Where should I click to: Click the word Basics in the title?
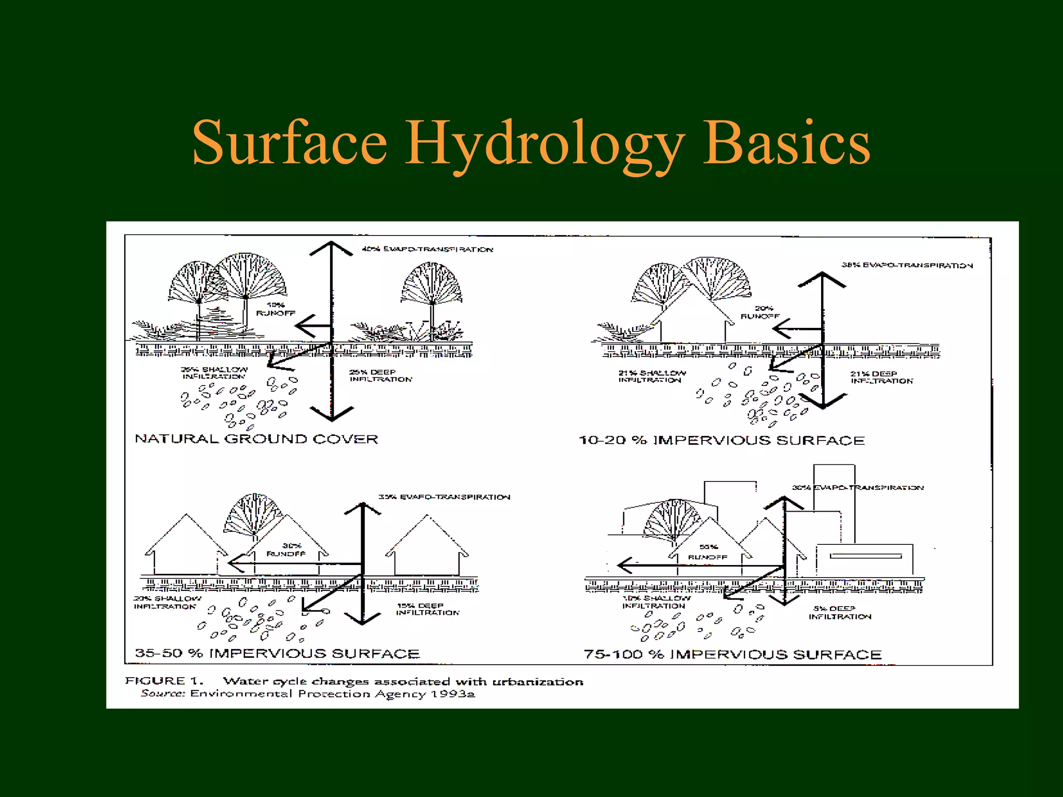[786, 143]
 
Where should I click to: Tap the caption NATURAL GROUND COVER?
[256, 439]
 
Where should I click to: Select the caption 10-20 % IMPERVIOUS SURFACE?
[721, 441]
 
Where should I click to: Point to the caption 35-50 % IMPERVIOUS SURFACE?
[277, 653]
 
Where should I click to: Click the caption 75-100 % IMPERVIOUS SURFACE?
[732, 654]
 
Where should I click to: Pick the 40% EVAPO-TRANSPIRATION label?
[427, 250]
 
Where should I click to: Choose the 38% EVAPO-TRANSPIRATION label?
[907, 265]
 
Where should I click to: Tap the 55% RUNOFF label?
[708, 552]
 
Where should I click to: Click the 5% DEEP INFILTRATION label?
[839, 612]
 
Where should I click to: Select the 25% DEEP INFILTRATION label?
[380, 376]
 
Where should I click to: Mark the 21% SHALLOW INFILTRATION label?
[652, 376]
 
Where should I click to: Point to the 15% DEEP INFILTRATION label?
[428, 609]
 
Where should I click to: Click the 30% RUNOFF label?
[287, 549]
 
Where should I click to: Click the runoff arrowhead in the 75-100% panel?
[624, 565]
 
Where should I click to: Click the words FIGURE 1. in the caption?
[164, 681]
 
